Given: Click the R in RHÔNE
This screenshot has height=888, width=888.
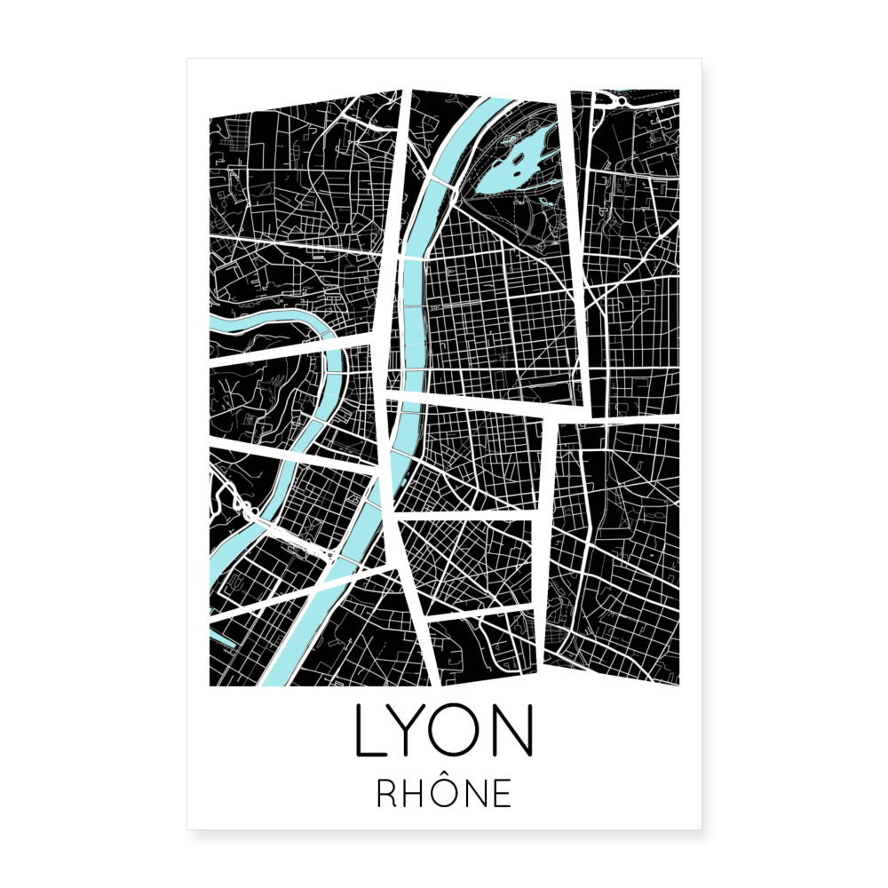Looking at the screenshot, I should pyautogui.click(x=387, y=793).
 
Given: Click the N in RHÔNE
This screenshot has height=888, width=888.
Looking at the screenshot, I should pyautogui.click(x=474, y=793).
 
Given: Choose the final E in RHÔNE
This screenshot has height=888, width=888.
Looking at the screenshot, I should pyautogui.click(x=503, y=793).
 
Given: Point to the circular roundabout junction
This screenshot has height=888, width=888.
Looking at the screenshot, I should pyautogui.click(x=612, y=100).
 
